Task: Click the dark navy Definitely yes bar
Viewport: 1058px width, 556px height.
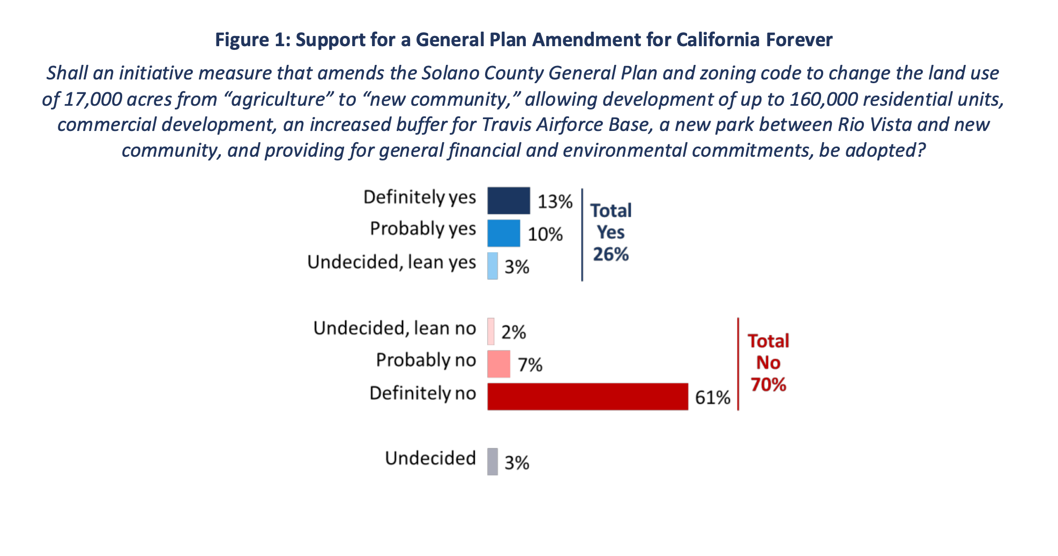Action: (508, 201)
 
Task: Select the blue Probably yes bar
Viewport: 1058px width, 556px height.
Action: (503, 233)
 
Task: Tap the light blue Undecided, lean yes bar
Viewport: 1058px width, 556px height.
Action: (492, 266)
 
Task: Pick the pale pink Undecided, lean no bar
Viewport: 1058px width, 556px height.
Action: (490, 331)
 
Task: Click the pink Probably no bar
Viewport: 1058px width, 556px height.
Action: (498, 364)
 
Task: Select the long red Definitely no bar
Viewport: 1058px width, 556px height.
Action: (587, 397)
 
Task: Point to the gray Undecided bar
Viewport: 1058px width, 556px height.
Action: (492, 462)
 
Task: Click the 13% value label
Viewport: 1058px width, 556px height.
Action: (555, 202)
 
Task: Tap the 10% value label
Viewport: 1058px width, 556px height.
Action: (545, 235)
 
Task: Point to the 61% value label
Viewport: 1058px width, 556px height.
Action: (712, 398)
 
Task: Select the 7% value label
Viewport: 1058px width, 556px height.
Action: (530, 365)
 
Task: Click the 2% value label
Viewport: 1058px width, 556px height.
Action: (513, 333)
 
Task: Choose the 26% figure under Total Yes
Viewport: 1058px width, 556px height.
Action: (610, 254)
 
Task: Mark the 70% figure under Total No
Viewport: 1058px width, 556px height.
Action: (768, 385)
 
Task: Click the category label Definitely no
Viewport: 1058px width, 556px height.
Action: (422, 393)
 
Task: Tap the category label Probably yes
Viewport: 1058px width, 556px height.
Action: (422, 229)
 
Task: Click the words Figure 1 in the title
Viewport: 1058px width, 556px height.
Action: (250, 40)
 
